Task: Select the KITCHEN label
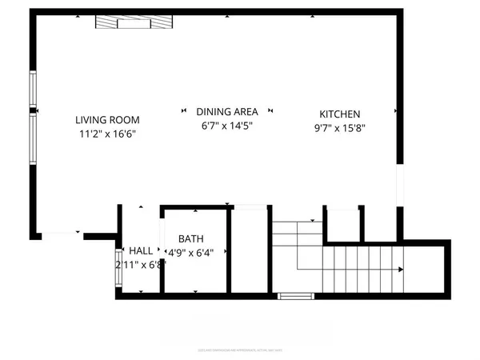(340, 114)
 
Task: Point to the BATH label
(191, 238)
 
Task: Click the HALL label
(141, 250)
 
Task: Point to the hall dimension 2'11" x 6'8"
(139, 265)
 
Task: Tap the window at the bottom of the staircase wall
(295, 296)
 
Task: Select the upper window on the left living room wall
(34, 89)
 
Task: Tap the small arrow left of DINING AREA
(184, 111)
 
